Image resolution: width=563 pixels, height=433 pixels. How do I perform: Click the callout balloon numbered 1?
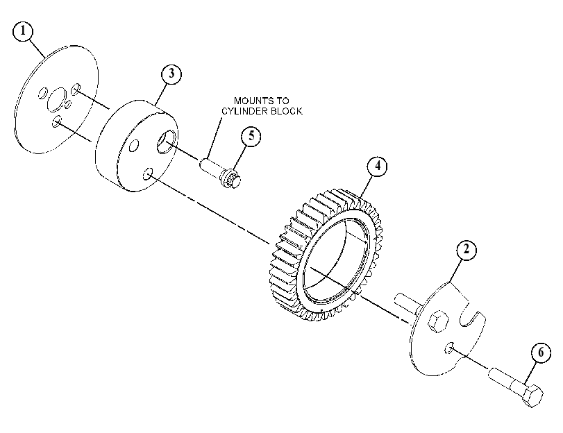(x=23, y=31)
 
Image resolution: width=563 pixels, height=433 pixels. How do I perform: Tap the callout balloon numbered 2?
(x=467, y=249)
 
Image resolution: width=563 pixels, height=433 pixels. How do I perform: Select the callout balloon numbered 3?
(x=171, y=74)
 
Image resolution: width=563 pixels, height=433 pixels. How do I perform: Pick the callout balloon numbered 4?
(x=377, y=167)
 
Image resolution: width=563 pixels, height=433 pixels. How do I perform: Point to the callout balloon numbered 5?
(x=251, y=136)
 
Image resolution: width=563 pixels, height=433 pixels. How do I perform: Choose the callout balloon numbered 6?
(x=541, y=353)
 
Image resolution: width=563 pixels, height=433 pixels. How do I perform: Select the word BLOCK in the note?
(x=287, y=111)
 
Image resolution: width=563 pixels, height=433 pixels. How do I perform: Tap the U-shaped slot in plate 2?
(x=471, y=315)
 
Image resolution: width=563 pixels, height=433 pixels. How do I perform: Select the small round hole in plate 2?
(x=449, y=348)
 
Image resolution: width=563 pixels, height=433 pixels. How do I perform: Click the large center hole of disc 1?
(x=57, y=99)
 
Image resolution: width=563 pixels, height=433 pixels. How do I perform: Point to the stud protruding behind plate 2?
(x=408, y=301)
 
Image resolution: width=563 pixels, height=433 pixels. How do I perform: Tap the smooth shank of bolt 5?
(x=211, y=167)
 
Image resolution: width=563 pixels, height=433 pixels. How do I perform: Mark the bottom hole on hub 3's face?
(x=148, y=173)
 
